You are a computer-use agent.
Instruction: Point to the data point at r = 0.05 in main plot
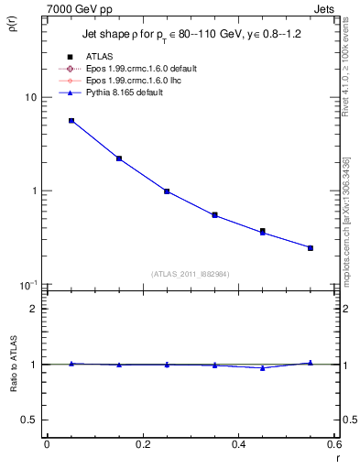click(71, 121)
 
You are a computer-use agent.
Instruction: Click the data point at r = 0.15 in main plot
click(119, 158)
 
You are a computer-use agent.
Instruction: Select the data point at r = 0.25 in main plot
click(167, 191)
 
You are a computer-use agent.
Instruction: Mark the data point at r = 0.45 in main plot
click(263, 232)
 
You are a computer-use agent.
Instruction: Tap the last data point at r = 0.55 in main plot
click(311, 248)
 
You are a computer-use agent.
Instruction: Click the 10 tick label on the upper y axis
click(30, 98)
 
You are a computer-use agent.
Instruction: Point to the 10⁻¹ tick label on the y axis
click(28, 285)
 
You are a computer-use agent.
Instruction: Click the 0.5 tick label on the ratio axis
click(29, 420)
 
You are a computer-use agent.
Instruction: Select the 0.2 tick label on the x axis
click(143, 444)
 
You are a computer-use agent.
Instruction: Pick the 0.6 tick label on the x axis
click(333, 444)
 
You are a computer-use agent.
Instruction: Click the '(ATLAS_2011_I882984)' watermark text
click(191, 274)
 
